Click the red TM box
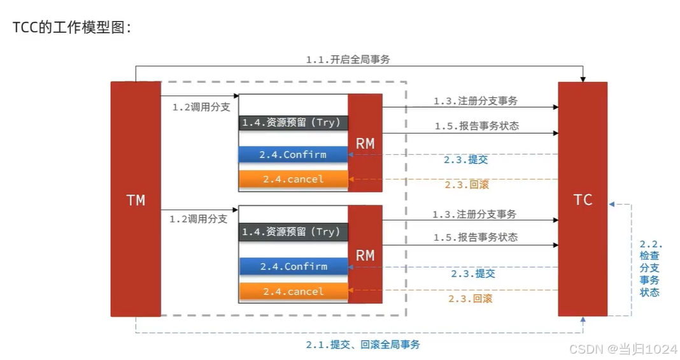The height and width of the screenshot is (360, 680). tap(135, 199)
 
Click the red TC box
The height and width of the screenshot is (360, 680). tap(583, 199)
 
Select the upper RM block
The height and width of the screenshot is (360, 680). tap(365, 143)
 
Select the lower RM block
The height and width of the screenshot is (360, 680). tap(365, 255)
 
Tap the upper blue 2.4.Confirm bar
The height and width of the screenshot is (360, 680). tap(293, 154)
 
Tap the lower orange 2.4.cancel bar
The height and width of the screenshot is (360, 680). tap(293, 291)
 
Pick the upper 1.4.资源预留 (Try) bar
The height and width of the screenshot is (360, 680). tap(293, 122)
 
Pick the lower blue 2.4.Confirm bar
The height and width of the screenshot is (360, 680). tap(293, 266)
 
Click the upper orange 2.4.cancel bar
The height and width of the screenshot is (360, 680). tap(293, 179)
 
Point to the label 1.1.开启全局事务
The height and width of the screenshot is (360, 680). tap(348, 59)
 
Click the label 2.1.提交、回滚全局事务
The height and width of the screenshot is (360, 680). tap(362, 345)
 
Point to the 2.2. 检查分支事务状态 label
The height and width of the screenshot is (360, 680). tap(650, 268)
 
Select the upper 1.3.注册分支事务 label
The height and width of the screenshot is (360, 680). tap(475, 101)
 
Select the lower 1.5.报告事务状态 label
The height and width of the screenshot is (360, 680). tap(475, 237)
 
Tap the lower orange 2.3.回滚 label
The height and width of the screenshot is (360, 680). tap(470, 298)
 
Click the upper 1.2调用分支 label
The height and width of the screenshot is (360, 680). tap(201, 107)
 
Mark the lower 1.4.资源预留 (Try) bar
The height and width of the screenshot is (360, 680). tap(293, 232)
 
